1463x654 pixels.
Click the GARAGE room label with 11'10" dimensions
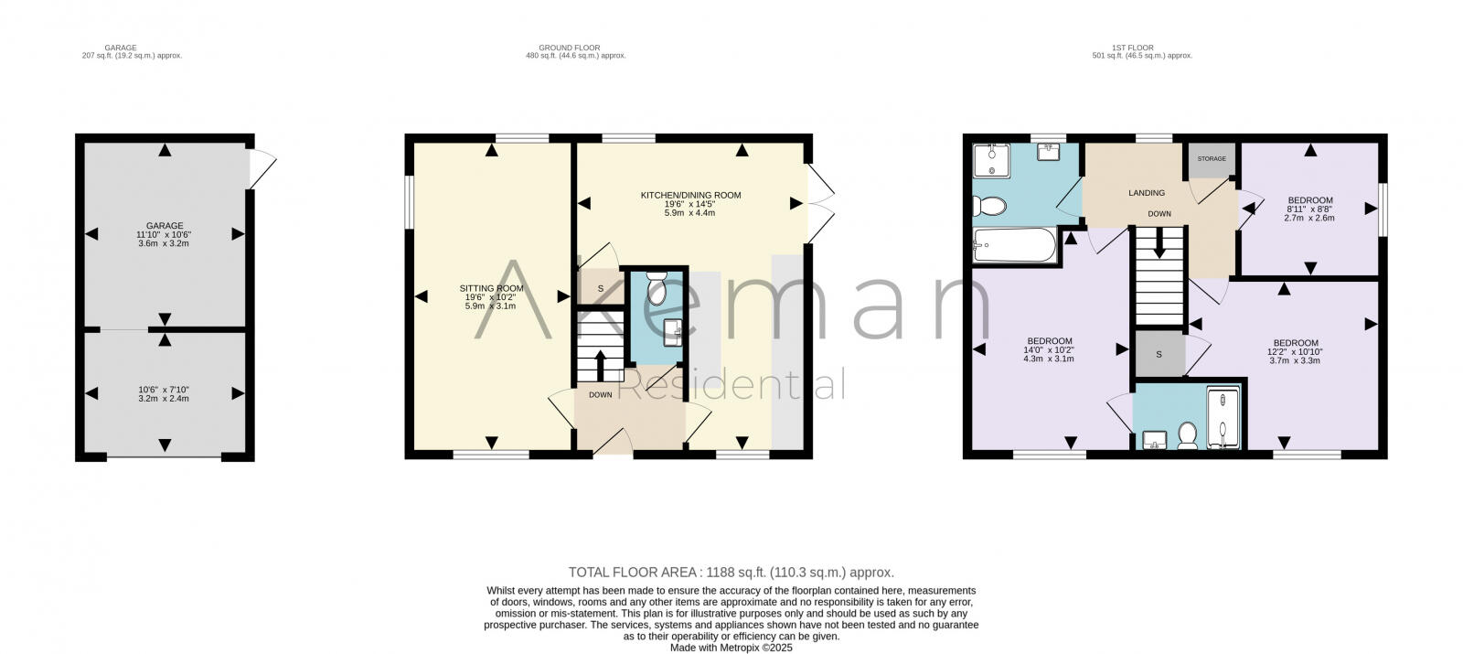(165, 226)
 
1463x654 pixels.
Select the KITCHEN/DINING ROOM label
(690, 195)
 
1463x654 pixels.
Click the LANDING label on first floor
(1147, 193)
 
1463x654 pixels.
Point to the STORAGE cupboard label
(1212, 159)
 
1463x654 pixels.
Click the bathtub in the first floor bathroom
(1013, 245)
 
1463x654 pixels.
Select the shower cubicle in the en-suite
(1223, 419)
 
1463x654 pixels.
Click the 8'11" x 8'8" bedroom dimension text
(1310, 209)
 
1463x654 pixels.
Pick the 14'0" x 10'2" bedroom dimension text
(1049, 350)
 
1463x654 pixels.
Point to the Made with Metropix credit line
(731, 647)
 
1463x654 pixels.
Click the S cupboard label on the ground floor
(601, 289)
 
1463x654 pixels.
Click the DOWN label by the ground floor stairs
(601, 395)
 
